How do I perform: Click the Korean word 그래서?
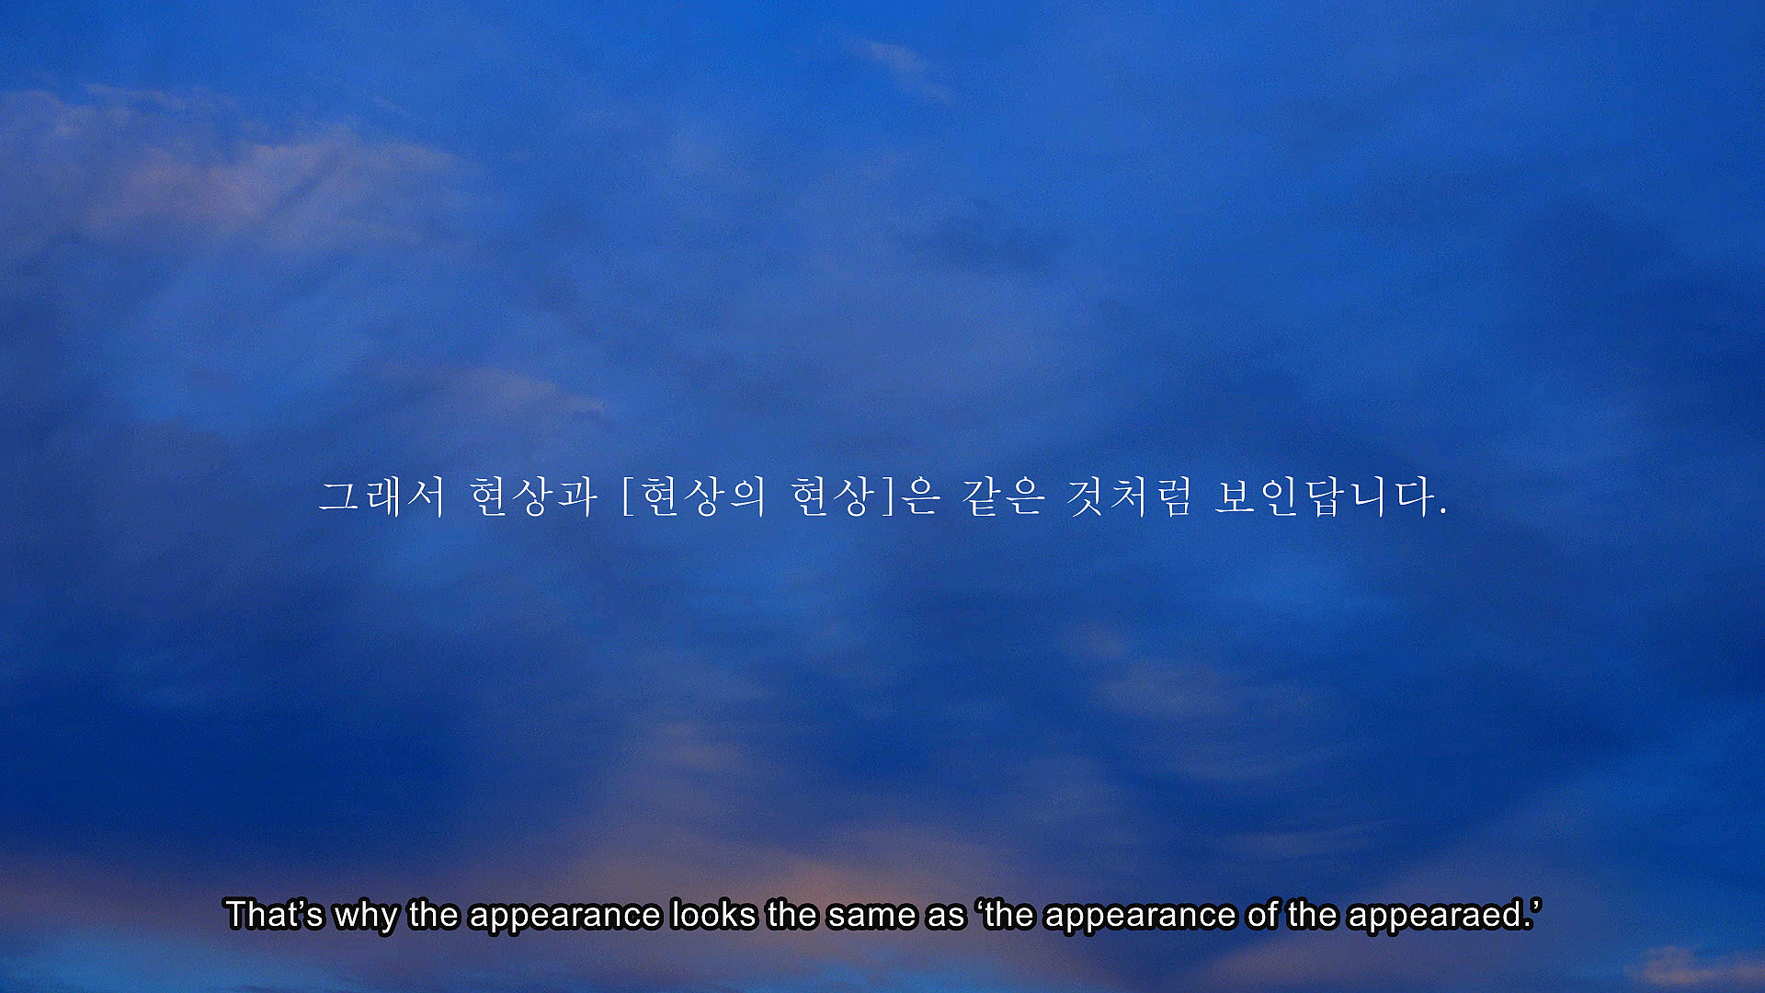click(381, 496)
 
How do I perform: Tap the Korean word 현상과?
click(533, 496)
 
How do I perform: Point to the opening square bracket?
click(629, 496)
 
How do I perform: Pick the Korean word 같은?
click(1003, 496)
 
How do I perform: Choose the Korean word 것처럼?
click(1130, 496)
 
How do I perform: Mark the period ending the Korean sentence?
click(1443, 512)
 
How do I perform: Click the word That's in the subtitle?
click(274, 915)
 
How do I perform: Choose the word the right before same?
click(791, 915)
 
